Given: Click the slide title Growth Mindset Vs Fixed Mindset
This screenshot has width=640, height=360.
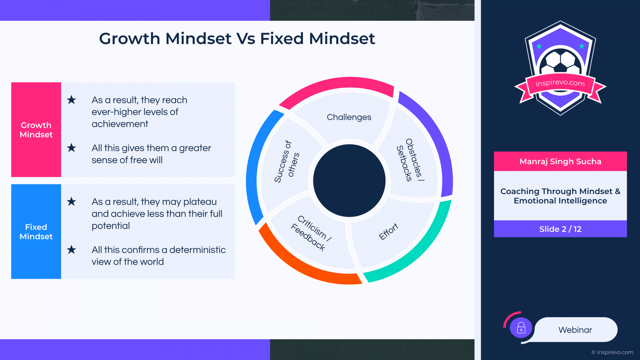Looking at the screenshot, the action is [x=237, y=38].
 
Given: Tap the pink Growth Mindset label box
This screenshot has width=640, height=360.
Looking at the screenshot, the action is [x=36, y=130].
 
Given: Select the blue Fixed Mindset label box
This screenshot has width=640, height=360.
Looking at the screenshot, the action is [x=36, y=231].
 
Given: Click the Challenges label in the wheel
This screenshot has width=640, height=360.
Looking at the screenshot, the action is [x=349, y=117].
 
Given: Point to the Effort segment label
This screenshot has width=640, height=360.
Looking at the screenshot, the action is [x=389, y=231].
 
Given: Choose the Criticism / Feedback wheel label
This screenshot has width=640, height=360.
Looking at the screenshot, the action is [x=311, y=233].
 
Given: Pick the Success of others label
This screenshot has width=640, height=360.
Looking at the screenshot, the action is [x=287, y=162].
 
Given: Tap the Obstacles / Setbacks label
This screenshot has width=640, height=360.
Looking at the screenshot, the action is [x=410, y=160].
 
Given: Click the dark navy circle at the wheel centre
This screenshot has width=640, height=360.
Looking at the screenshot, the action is [x=349, y=181].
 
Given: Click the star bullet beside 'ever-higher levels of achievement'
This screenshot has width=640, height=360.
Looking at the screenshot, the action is [x=71, y=100].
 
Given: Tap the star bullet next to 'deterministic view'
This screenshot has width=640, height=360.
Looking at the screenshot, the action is [x=71, y=250].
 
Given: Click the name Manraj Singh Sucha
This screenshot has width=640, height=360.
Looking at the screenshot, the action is [x=560, y=162].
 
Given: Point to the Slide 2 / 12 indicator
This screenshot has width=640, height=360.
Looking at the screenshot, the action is [x=560, y=229].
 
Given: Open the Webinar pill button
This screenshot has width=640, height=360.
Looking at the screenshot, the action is [x=576, y=330].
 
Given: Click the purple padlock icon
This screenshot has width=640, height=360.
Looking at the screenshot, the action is [x=521, y=328].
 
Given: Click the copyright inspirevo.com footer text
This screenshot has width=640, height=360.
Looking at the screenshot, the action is [x=612, y=352].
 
